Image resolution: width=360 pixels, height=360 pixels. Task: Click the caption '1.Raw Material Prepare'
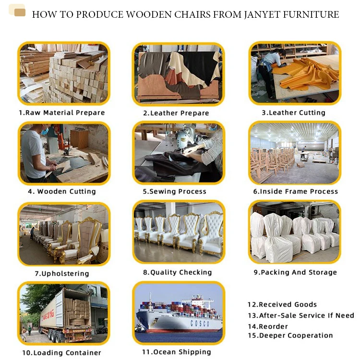pyautogui.click(x=61, y=113)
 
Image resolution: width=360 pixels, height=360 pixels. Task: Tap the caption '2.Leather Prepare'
pyautogui.click(x=176, y=113)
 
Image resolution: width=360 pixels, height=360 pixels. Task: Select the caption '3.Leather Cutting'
pyautogui.click(x=293, y=113)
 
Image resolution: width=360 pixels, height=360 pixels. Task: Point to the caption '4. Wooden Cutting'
pyautogui.click(x=61, y=192)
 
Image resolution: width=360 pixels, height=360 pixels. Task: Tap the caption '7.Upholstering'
pyautogui.click(x=61, y=274)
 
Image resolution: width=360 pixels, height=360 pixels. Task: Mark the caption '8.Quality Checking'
pyautogui.click(x=177, y=273)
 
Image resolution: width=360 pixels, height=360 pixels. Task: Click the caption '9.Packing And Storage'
pyautogui.click(x=295, y=273)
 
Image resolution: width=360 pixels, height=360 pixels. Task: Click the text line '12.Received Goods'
pyautogui.click(x=282, y=304)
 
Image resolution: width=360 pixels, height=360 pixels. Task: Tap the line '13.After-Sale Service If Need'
pyautogui.click(x=300, y=315)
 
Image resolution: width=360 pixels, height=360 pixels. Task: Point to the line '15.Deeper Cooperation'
pyautogui.click(x=290, y=336)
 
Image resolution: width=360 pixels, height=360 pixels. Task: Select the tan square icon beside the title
pyautogui.click(x=20, y=12)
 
